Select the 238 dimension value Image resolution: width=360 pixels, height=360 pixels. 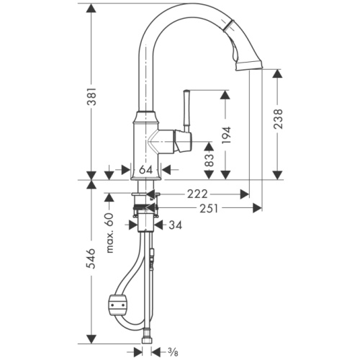click(x=278, y=119)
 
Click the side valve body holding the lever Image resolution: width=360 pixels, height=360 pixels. click(x=177, y=140)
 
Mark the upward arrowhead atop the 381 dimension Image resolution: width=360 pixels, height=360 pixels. click(x=91, y=9)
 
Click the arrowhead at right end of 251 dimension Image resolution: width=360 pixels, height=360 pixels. click(x=257, y=209)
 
